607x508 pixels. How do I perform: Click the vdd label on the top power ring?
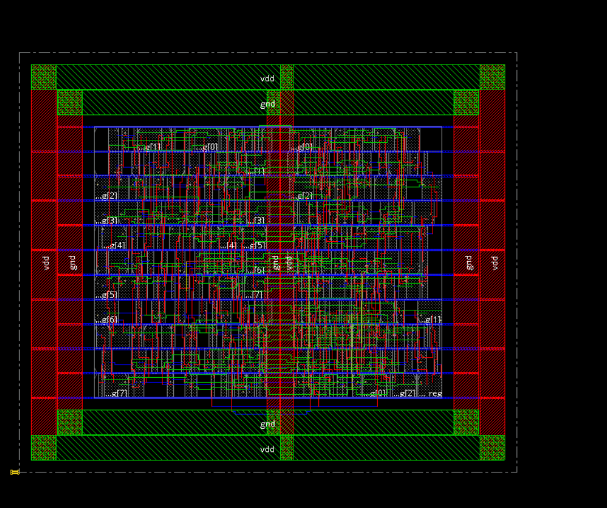coord(267,78)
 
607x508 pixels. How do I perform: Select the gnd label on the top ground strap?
coord(267,104)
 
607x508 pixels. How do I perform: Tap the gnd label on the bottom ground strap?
coord(267,424)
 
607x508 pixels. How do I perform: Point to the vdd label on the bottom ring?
coord(267,449)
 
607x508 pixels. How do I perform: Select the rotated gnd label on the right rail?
coord(468,262)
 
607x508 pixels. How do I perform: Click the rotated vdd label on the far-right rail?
coord(494,262)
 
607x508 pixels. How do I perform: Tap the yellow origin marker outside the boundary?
coord(15,472)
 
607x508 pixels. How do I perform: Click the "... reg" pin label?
coord(430,394)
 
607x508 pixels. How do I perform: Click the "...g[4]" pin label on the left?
coord(114,245)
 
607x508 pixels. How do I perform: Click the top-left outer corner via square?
coord(44,77)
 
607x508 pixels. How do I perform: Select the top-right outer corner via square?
coord(492,77)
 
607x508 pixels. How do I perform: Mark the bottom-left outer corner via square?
coord(44,447)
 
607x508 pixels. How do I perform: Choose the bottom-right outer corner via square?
coord(492,447)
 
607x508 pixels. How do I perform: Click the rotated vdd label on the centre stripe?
coord(288,262)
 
